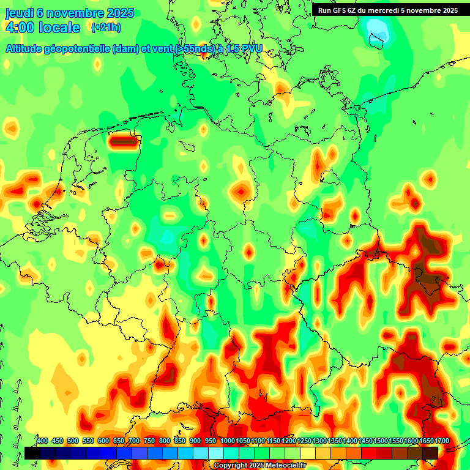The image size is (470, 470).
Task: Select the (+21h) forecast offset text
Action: [x=106, y=28]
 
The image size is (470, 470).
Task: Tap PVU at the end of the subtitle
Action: [x=250, y=48]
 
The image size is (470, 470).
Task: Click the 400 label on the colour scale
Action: [x=42, y=441]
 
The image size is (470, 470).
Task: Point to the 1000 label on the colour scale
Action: [x=228, y=441]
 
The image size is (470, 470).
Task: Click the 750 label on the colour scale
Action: [x=149, y=441]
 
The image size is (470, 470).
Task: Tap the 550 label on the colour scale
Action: [x=88, y=441]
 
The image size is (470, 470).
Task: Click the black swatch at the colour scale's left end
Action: [x=32, y=453]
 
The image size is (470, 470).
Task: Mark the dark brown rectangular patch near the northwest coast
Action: [x=123, y=141]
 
